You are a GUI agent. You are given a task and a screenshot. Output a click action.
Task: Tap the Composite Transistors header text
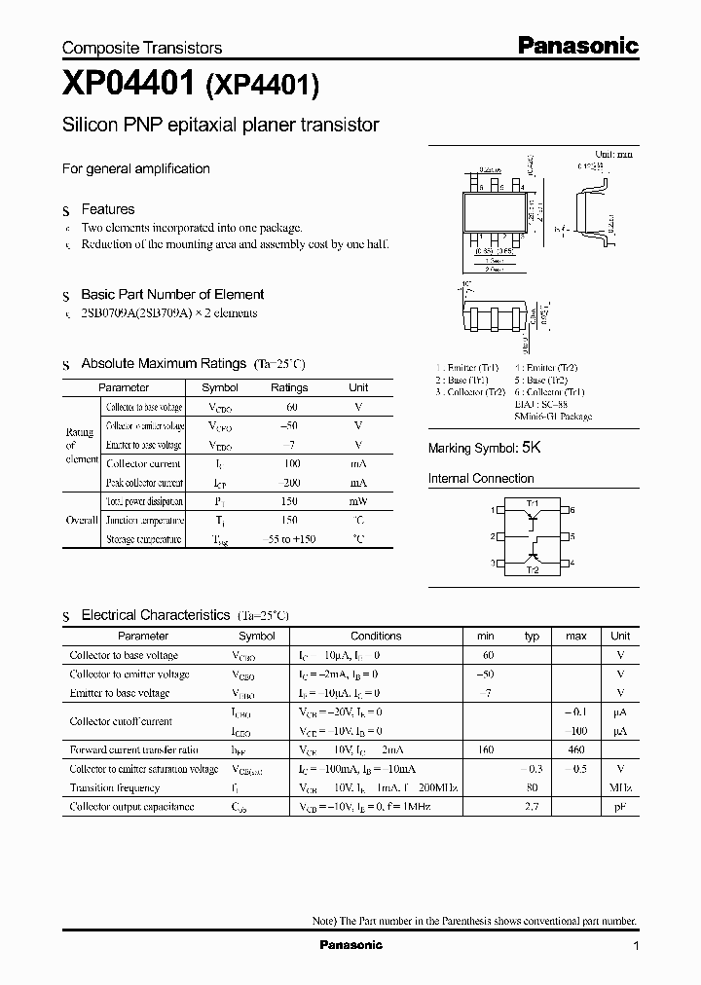tap(142, 48)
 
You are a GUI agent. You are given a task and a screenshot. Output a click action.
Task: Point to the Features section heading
tap(107, 209)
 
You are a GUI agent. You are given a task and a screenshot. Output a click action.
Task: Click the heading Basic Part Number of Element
tap(172, 294)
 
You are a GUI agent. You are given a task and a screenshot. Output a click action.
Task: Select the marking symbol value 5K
tap(531, 448)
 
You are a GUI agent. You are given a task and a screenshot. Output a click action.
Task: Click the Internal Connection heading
tap(481, 479)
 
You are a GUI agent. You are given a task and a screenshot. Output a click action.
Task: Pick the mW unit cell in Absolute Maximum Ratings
tap(358, 502)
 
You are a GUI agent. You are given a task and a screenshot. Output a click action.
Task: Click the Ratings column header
tap(289, 387)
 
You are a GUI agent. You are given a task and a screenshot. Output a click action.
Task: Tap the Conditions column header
tap(376, 636)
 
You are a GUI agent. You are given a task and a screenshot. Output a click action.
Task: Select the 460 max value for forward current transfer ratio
tap(576, 749)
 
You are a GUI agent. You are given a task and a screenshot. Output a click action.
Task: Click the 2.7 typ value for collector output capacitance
tap(533, 807)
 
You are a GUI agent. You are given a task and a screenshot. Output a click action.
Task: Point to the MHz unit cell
tap(619, 787)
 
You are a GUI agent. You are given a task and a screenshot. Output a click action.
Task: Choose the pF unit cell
tap(620, 807)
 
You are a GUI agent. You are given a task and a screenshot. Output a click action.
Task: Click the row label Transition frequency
tap(114, 787)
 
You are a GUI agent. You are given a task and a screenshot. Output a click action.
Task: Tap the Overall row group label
tap(82, 521)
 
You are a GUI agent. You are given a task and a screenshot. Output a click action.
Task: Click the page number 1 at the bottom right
tap(636, 946)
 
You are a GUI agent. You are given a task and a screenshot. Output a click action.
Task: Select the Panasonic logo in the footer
tap(351, 945)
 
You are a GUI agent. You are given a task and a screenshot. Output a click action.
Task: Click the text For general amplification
tap(136, 168)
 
